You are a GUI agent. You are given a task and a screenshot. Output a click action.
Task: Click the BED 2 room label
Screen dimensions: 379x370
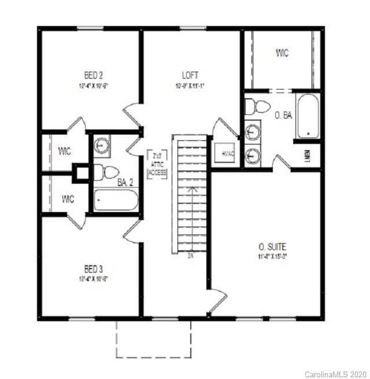pos(93,75)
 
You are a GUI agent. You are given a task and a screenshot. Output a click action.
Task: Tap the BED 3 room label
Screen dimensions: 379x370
pos(93,269)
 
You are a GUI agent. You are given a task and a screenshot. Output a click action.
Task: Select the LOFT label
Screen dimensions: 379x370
pos(190,75)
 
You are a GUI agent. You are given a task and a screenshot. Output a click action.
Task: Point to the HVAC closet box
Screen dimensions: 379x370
pos(223,154)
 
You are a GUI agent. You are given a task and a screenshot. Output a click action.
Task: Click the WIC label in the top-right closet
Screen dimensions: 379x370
pos(282,53)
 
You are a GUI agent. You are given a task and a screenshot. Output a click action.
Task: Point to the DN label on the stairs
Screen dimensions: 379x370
pos(190,255)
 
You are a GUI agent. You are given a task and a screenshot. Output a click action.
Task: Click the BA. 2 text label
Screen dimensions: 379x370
pos(127,183)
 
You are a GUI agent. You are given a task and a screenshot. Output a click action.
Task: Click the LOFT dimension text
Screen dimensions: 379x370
pos(190,86)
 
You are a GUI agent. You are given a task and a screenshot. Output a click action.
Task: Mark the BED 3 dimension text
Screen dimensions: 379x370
pos(93,278)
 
